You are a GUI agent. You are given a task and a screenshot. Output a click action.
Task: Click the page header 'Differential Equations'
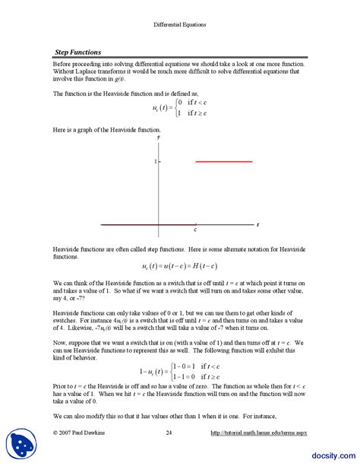coord(180,24)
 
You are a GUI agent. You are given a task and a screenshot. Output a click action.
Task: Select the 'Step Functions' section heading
coord(78,52)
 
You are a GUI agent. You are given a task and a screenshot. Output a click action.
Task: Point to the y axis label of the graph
coord(159,138)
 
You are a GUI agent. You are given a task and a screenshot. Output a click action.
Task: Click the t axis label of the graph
coord(257,225)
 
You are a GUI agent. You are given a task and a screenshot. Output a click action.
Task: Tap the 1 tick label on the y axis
coord(154,162)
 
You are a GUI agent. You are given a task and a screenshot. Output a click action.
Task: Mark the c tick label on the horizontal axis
coord(195,230)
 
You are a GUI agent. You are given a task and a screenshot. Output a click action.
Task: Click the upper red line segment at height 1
coord(224,162)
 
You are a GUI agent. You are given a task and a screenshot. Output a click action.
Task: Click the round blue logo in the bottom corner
coord(22,445)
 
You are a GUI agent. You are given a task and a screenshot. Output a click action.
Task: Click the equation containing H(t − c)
coord(179,266)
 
